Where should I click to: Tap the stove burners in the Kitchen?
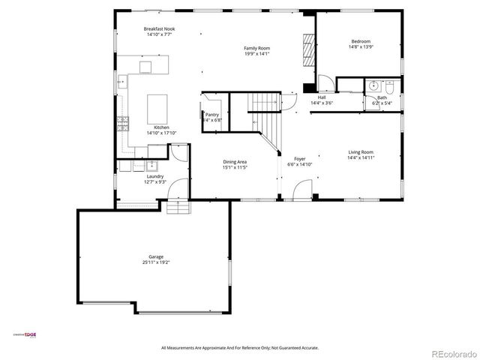click(121, 124)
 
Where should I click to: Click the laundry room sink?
click(151, 164)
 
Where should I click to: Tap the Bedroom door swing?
click(325, 82)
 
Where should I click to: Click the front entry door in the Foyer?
click(298, 192)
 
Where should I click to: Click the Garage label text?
click(155, 256)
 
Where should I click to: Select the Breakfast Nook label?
click(158, 29)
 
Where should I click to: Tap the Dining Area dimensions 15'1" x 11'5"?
click(235, 167)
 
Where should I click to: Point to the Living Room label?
click(361, 152)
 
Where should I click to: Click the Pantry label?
click(212, 115)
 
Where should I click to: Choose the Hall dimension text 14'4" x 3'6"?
click(322, 103)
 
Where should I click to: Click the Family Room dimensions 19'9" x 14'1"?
click(256, 54)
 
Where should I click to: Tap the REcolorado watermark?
click(450, 352)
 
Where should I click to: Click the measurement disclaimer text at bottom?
click(240, 348)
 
